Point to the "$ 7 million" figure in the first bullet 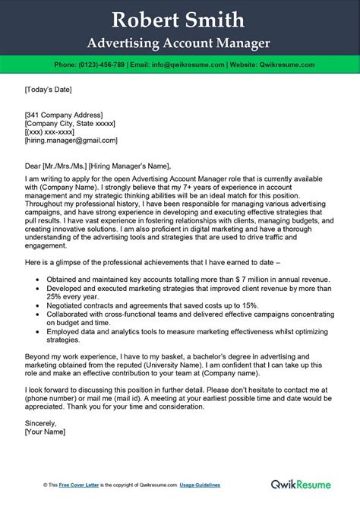229,279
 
